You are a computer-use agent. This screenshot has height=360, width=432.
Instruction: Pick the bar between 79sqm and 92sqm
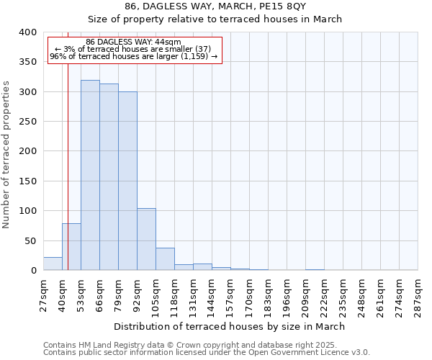click(127, 181)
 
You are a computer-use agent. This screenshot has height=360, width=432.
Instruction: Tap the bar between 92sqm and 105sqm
click(146, 239)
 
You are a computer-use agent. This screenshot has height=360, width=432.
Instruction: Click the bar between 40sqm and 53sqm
click(71, 247)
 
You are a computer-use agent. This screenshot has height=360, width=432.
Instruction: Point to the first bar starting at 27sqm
click(53, 264)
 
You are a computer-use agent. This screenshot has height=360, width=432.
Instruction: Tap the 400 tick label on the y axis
click(27, 32)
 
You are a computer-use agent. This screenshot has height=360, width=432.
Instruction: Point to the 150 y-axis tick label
click(27, 181)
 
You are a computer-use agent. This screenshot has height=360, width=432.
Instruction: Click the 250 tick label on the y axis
click(27, 122)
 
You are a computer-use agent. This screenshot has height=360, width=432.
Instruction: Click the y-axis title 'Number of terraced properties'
click(6, 155)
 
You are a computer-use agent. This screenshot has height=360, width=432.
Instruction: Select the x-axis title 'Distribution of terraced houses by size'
click(230, 326)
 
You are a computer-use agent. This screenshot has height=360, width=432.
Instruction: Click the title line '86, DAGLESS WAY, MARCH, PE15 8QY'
click(215, 6)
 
